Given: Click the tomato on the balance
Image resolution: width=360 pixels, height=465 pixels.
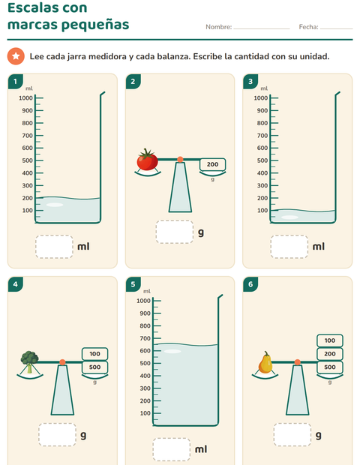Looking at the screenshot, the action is point(147,160).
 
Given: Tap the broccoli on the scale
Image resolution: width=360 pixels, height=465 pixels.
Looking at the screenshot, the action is point(30,361).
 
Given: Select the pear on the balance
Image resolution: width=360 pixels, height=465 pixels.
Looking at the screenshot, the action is point(265,362).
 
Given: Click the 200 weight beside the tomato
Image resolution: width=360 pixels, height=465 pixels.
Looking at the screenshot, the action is point(212,164).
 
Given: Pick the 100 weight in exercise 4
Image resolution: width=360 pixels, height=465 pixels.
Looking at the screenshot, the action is point(95,354).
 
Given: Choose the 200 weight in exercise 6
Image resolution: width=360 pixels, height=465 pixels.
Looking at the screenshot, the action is point(330,354).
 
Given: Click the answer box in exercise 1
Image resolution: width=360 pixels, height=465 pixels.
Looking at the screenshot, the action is point(54,247).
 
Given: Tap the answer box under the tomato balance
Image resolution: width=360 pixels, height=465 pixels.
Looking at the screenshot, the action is point(175,232).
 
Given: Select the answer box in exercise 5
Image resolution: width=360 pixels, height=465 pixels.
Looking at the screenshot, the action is point(172,449).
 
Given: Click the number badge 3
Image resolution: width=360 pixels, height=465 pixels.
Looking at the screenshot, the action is point(250,82).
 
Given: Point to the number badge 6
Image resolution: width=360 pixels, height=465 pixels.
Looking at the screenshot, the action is point(250,284).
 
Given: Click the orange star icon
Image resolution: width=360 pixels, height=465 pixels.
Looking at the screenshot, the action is point(16,56).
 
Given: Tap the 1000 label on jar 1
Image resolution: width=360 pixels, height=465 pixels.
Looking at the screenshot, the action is point(25,97).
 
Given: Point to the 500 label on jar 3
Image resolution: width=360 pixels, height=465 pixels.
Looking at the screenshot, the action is point(262,160).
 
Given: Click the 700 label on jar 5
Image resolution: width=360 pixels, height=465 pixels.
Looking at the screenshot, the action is point(145,338).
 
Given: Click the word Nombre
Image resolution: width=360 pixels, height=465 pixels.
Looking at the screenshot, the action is point(219,27).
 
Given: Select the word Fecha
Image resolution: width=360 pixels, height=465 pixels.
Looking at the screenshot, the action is point(309,27).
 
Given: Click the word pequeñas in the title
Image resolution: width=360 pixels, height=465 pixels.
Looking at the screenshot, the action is point(95,25).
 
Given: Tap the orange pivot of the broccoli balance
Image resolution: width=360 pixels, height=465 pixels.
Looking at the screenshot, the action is point(62,362).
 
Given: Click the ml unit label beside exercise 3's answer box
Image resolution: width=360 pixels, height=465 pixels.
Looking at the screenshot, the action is point(319,247).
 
